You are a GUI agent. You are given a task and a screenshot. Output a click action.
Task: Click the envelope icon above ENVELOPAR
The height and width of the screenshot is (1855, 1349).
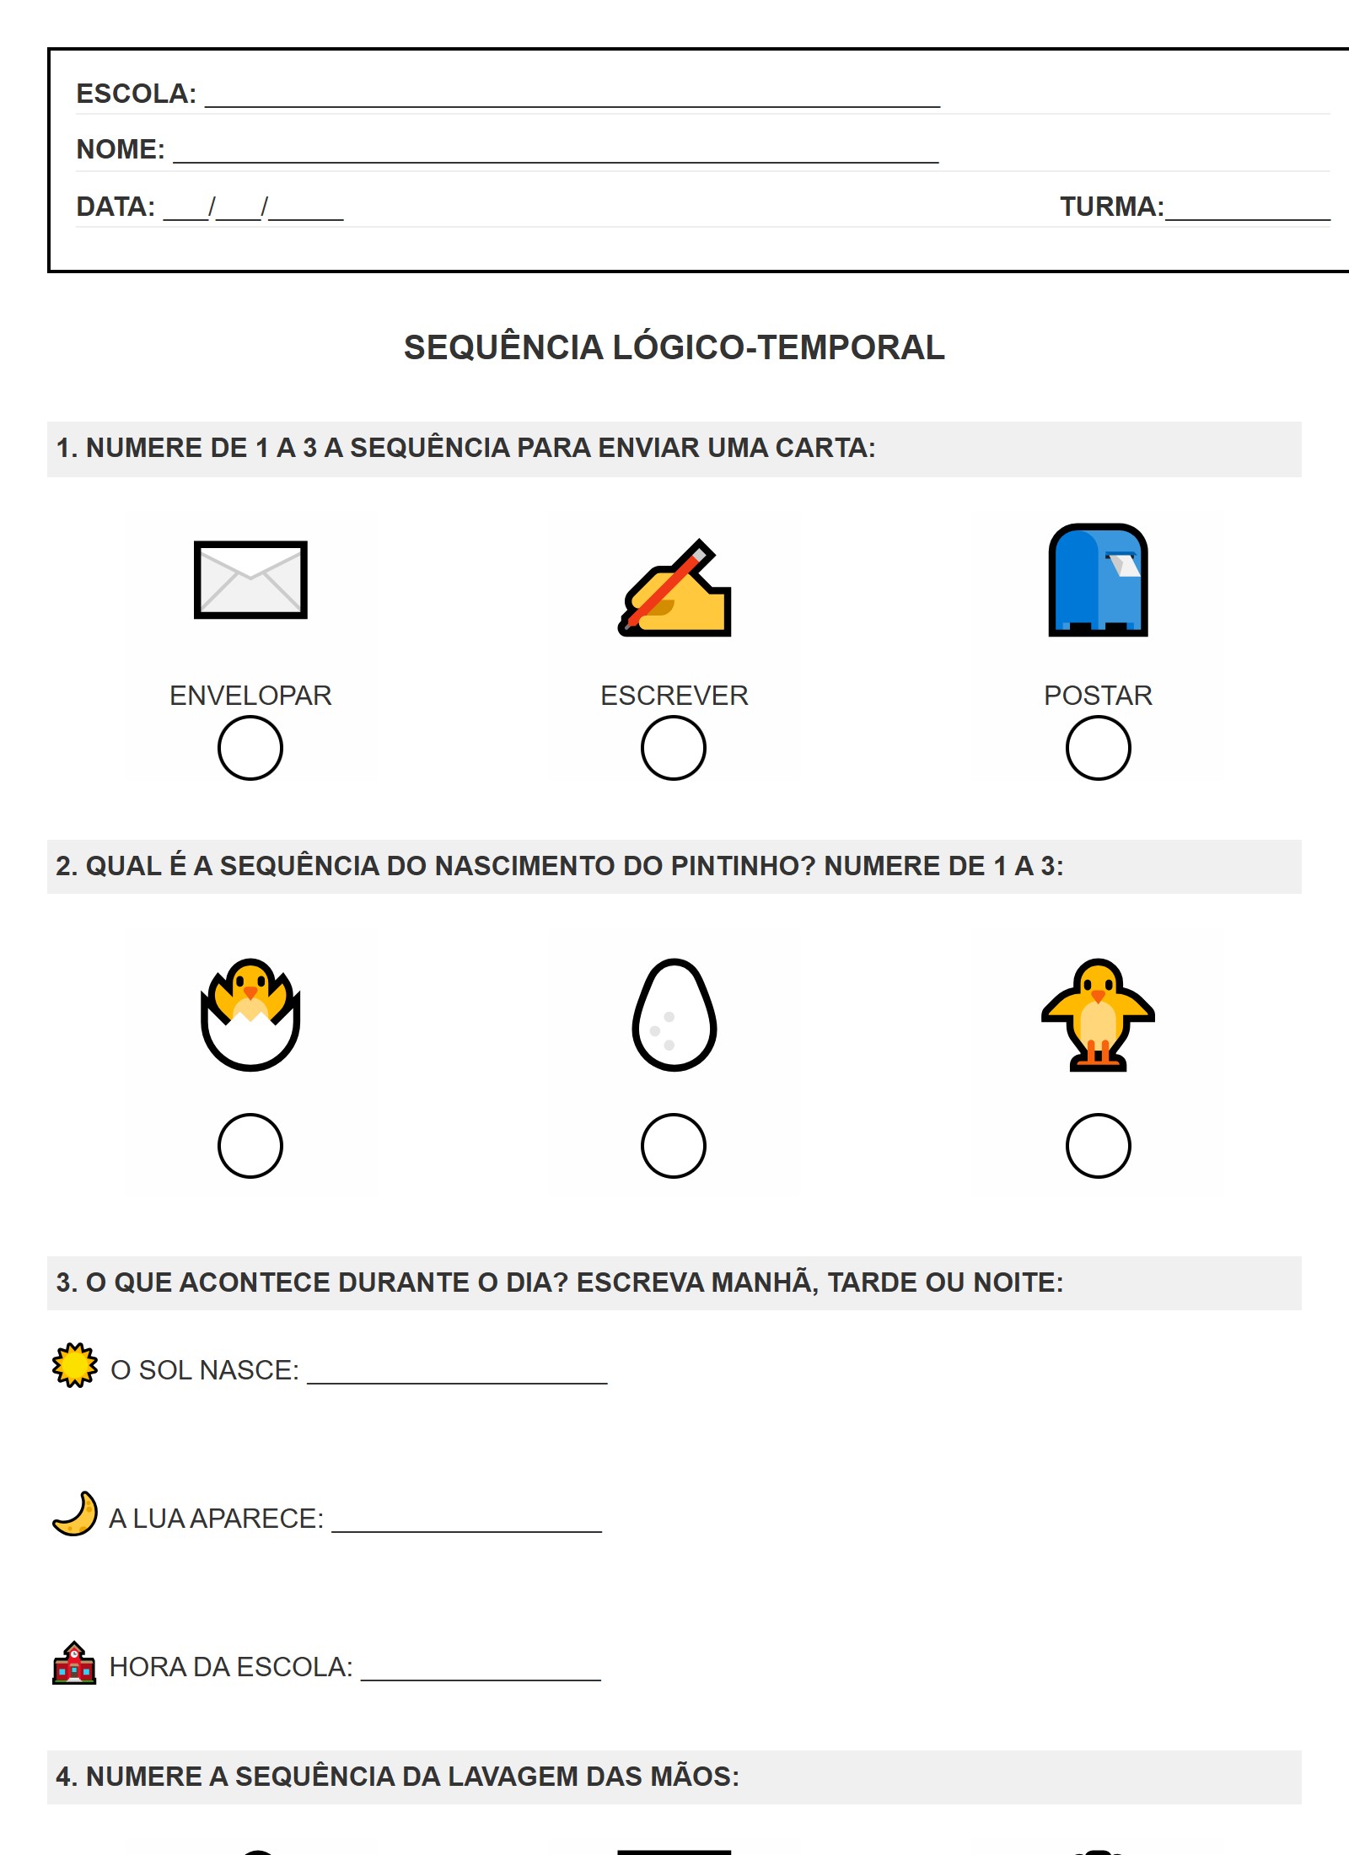click(x=250, y=580)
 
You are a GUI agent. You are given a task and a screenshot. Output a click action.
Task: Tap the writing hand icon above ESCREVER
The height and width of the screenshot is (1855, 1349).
click(x=674, y=589)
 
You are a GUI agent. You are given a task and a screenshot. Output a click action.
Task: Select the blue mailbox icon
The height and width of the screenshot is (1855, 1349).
click(x=1098, y=580)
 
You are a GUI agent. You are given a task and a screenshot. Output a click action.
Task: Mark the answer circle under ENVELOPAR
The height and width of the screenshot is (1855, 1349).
click(x=250, y=748)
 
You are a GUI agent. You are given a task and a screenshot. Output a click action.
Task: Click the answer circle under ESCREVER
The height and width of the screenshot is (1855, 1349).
click(x=674, y=748)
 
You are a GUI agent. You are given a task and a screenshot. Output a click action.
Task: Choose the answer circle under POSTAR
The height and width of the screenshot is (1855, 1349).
click(x=1098, y=748)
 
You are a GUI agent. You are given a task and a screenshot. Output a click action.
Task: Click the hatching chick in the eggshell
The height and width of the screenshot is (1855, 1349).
click(x=250, y=1014)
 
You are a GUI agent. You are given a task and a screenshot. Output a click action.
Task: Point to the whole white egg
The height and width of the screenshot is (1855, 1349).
click(x=674, y=1015)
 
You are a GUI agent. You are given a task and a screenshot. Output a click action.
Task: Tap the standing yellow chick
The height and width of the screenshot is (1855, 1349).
click(x=1098, y=1014)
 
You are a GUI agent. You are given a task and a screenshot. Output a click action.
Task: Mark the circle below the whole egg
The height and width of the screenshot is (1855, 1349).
click(x=674, y=1146)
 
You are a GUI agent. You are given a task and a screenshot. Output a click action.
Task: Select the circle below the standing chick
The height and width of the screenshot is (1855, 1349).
click(x=1098, y=1146)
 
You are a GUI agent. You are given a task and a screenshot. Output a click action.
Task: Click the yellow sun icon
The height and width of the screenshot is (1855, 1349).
click(x=75, y=1365)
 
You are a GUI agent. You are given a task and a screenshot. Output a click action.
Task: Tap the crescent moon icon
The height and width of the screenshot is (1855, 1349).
click(x=75, y=1514)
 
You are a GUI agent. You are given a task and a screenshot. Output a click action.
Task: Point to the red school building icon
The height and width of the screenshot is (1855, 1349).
click(x=75, y=1663)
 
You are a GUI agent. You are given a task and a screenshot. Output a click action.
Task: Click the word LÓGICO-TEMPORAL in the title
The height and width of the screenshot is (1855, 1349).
click(x=778, y=347)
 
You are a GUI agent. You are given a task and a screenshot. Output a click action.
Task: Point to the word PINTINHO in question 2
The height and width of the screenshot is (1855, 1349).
click(x=742, y=866)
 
